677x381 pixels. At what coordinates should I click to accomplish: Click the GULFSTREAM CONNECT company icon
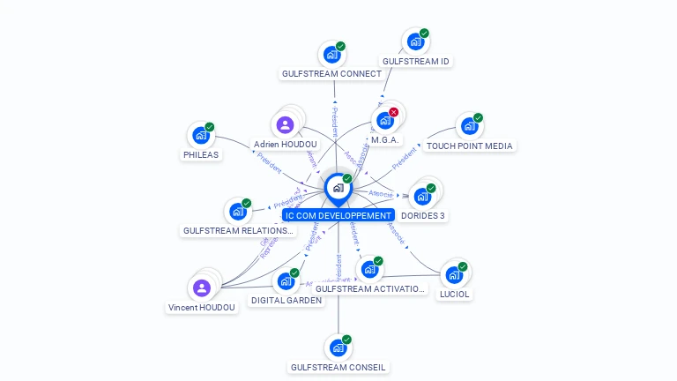(331, 55)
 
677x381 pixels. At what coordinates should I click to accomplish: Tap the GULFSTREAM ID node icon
(415, 42)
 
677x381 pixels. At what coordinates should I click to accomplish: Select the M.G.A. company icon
(384, 121)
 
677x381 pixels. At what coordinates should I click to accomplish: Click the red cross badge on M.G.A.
(394, 112)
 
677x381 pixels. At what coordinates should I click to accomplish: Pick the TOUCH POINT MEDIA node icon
(469, 126)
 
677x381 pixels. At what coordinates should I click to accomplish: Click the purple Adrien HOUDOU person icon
(285, 125)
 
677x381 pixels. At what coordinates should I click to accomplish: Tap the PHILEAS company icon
(201, 136)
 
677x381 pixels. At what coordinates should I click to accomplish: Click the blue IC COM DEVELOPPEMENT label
(338, 215)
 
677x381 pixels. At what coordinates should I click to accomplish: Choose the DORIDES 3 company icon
(422, 196)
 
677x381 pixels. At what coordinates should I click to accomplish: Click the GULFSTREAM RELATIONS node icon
(237, 212)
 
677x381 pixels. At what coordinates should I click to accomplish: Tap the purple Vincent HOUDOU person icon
(202, 288)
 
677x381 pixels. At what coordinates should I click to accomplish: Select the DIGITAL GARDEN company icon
(285, 281)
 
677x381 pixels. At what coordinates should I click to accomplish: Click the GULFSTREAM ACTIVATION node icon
(369, 269)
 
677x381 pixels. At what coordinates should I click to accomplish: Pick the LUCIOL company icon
(453, 275)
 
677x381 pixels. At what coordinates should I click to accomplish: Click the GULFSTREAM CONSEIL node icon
(338, 347)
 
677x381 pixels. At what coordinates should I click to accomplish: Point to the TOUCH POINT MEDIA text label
(469, 146)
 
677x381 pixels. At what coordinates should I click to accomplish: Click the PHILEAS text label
(201, 154)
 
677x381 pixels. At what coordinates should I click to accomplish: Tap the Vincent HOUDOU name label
(202, 307)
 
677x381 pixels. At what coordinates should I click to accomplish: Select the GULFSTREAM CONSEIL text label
(338, 367)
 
